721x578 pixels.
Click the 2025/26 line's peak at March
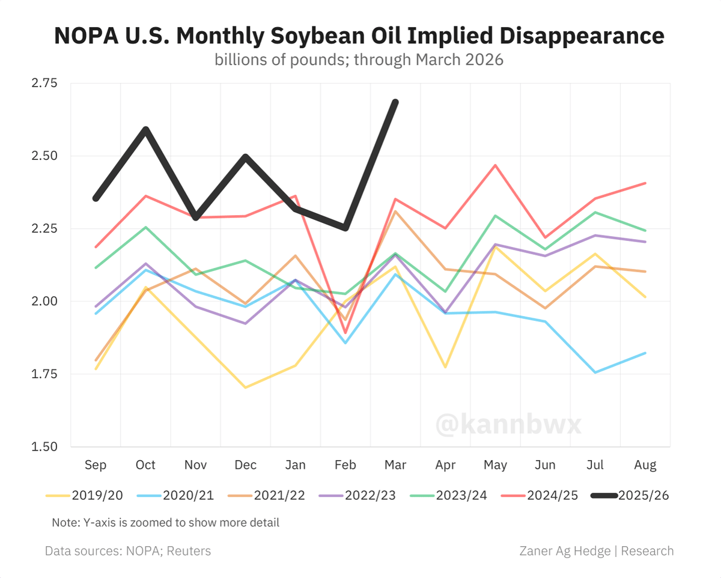pyautogui.click(x=395, y=102)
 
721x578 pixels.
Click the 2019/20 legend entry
pyautogui.click(x=85, y=495)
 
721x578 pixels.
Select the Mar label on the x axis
pyautogui.click(x=395, y=465)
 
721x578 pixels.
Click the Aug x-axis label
pyautogui.click(x=645, y=465)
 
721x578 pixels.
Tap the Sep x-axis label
pyautogui.click(x=96, y=465)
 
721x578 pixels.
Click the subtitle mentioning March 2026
pyautogui.click(x=359, y=61)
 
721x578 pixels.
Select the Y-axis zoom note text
pyautogui.click(x=165, y=522)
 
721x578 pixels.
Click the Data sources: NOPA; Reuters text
pyautogui.click(x=128, y=551)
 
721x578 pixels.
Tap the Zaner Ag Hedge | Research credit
pyautogui.click(x=596, y=551)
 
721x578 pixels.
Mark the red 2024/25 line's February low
pyautogui.click(x=345, y=332)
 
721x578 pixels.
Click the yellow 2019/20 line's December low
pyautogui.click(x=245, y=388)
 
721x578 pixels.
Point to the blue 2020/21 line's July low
pyautogui.click(x=595, y=373)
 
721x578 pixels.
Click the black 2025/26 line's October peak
pyautogui.click(x=145, y=129)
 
